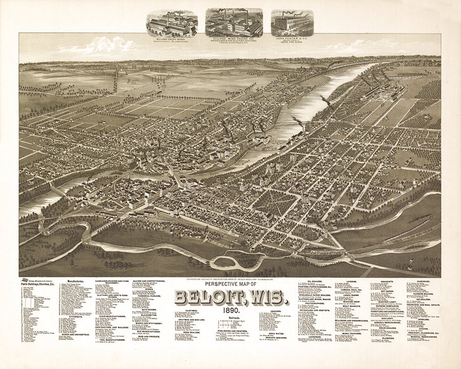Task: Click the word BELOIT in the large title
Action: pos(209,298)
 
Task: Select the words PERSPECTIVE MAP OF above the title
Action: pos(230,284)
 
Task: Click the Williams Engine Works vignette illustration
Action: pos(172,23)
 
